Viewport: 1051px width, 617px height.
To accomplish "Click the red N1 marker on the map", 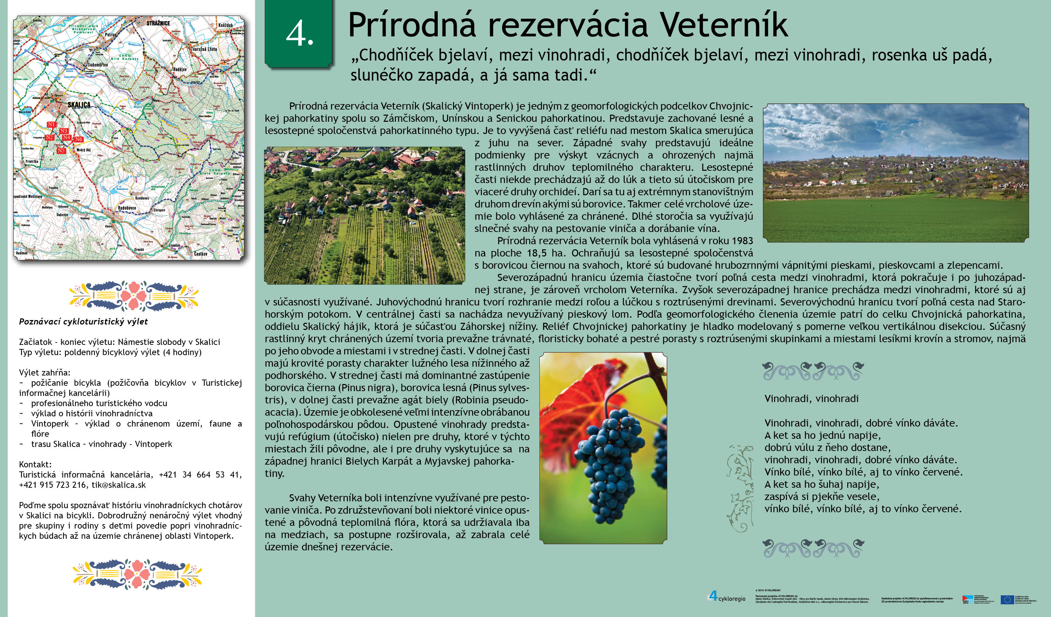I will pos(51,124).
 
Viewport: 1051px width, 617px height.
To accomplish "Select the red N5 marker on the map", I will pos(61,151).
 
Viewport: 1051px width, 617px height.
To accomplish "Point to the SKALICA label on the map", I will pos(79,105).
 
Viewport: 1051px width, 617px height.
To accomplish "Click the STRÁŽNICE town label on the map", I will pos(158,23).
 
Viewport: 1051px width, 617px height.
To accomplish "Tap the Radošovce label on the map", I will pos(127,208).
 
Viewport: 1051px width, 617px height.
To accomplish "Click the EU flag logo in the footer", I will pos(1007,599).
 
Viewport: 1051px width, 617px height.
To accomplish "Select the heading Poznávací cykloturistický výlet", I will pos(83,322).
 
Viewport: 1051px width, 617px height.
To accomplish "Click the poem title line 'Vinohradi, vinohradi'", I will pos(811,399).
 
